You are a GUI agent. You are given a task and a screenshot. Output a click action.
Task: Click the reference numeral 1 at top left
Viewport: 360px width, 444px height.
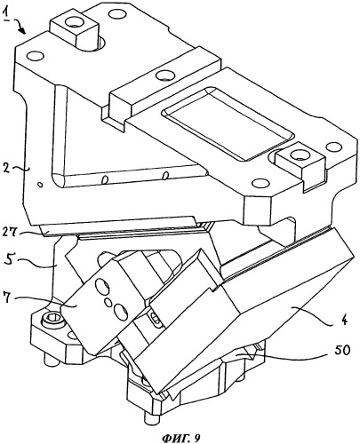tap(5, 14)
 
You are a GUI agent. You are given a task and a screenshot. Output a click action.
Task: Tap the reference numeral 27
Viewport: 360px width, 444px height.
tap(11, 233)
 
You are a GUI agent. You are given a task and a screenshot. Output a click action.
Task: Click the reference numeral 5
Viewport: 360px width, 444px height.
tap(9, 262)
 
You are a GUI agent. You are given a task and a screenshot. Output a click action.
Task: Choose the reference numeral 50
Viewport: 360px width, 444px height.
tap(342, 351)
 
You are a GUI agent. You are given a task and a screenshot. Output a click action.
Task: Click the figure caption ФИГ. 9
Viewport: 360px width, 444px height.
tap(180, 437)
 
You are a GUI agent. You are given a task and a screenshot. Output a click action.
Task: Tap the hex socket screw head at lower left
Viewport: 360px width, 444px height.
tap(52, 321)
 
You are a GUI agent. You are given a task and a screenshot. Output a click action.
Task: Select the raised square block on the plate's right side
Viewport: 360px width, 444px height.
tap(300, 161)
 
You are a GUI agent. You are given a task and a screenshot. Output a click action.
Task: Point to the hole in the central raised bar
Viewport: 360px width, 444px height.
tap(164, 75)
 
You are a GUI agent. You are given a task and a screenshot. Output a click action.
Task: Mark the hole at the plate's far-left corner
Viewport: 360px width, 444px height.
tap(36, 56)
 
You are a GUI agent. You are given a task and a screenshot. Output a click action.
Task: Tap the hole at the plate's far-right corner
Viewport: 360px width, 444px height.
tap(334, 147)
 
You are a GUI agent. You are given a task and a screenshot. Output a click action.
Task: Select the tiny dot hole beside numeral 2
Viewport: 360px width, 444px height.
tap(41, 185)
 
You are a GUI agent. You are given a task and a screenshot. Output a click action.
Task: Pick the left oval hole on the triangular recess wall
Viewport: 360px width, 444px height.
tap(105, 179)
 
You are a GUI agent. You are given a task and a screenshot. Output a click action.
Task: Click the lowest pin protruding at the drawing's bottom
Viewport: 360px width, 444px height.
tap(149, 419)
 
